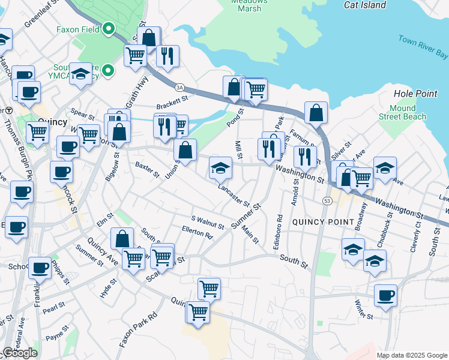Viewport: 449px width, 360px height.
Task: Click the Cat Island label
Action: (x=364, y=5)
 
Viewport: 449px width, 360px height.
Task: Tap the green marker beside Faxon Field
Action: (x=109, y=28)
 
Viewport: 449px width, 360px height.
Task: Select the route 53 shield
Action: (x=327, y=200)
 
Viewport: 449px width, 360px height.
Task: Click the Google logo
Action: (x=19, y=353)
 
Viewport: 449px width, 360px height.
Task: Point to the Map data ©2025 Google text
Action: (x=412, y=355)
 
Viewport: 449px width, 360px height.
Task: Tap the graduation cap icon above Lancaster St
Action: (x=220, y=167)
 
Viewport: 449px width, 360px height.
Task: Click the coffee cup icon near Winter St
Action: (x=385, y=295)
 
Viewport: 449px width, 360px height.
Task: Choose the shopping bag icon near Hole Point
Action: (x=316, y=112)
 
